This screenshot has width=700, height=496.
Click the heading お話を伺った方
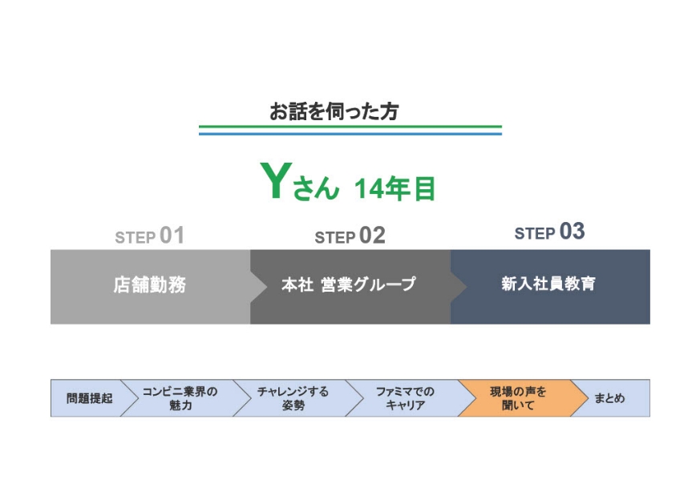coord(334,111)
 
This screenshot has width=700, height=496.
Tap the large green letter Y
coord(276,180)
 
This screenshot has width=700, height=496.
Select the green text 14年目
coord(395,188)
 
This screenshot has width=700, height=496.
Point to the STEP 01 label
coord(150,236)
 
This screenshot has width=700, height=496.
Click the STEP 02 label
coord(350,236)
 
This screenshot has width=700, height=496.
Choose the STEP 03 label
coord(549,232)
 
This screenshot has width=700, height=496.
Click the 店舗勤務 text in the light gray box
coord(150,284)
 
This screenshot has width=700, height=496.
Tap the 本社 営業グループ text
coord(349,284)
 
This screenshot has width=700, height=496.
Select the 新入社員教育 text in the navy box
coord(548,284)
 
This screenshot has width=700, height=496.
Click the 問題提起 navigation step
coord(89,398)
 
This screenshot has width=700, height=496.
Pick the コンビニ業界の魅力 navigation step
coord(180,398)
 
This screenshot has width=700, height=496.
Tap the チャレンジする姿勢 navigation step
coord(293,398)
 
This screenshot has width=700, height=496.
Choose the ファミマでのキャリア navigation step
coord(406,398)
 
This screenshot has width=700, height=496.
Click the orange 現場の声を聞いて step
coord(518,398)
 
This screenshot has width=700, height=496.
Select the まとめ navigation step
coord(610,398)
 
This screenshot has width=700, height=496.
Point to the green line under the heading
coord(350,127)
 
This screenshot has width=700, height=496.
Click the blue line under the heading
coord(350,133)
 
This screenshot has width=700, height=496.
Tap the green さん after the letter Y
coord(316,188)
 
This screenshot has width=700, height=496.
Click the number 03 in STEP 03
coord(573,232)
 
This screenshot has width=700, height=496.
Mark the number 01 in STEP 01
coord(172,235)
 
